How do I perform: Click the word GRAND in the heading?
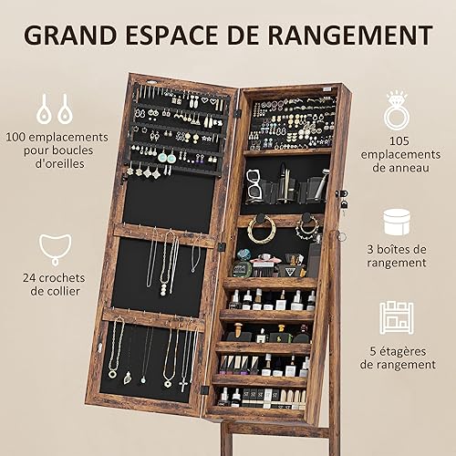coord(70,36)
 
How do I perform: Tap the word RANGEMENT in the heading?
coord(350,36)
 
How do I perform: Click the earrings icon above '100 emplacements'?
coord(55,109)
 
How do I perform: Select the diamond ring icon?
coord(397,110)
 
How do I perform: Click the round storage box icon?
coord(397,223)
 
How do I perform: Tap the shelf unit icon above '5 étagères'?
coord(397,317)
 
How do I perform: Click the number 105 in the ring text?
coord(399,141)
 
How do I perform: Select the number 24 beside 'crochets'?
coord(29,278)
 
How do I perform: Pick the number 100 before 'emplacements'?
coord(16,137)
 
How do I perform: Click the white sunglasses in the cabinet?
coord(254,186)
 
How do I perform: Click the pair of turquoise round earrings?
coord(167,158)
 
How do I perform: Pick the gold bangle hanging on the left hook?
coord(262,230)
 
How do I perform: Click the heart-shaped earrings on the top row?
coord(210,100)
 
